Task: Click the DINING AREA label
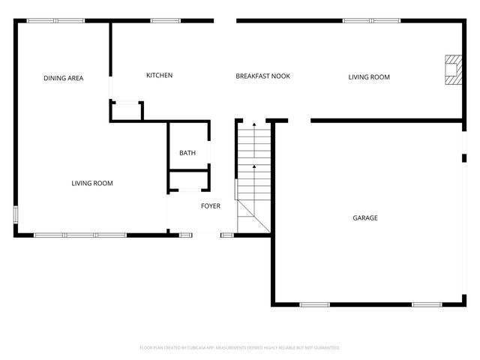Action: coord(63,78)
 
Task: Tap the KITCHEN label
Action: coord(159,75)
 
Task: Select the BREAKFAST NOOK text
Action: coord(262,76)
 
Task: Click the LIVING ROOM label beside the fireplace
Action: coord(369,76)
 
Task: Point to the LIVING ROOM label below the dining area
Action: coord(92,183)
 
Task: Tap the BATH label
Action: coord(187,153)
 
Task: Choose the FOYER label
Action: coord(211,205)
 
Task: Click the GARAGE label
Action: coord(365,218)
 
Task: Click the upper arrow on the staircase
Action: coord(253,124)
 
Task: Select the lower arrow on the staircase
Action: coord(253,167)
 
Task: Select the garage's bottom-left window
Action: coord(315,304)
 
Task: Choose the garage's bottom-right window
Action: coord(427,304)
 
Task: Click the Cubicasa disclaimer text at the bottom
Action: coord(240,347)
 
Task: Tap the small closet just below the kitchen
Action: coord(126,111)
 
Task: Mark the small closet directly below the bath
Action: coord(187,181)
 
